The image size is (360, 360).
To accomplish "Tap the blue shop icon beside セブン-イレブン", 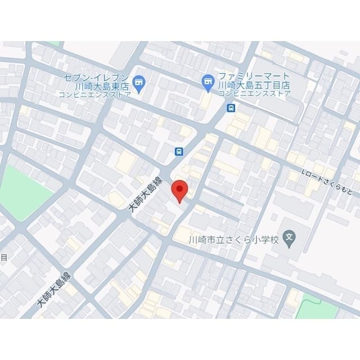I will click(139, 85).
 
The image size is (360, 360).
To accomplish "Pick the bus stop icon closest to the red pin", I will click(178, 151).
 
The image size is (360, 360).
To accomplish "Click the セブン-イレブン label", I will click(97, 77).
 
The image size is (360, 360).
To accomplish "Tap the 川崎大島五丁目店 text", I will click(254, 85).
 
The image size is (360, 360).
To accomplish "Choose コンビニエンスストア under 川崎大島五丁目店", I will click(254, 93).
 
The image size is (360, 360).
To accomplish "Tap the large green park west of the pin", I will click(25, 191).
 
